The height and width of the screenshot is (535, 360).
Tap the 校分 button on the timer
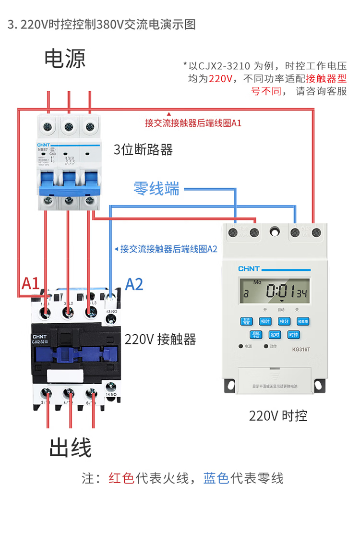tap(285, 321)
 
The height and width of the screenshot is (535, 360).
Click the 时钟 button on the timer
tap(294, 335)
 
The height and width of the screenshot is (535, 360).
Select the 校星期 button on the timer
tap(303, 321)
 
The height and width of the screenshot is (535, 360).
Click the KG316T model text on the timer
tap(301, 350)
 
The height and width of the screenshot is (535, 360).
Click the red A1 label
tap(30, 283)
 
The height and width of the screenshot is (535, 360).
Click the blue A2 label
tap(134, 284)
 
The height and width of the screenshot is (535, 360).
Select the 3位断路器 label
tap(143, 150)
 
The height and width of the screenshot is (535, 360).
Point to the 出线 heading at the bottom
tap(70, 448)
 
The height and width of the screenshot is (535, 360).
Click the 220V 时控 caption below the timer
tap(278, 415)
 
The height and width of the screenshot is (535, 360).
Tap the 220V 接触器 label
tap(160, 340)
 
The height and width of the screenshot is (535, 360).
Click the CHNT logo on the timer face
tap(249, 269)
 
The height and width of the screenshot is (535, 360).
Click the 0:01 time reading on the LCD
tap(280, 291)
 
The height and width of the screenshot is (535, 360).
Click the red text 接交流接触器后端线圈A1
tap(193, 123)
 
